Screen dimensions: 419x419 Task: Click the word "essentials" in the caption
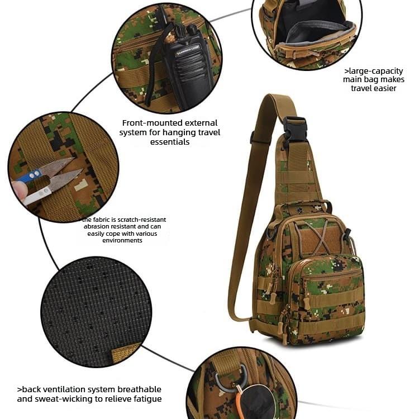pyautogui.click(x=170, y=142)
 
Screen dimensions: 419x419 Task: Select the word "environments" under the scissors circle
pyautogui.click(x=122, y=240)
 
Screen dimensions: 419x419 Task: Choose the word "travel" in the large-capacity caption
pyautogui.click(x=365, y=88)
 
